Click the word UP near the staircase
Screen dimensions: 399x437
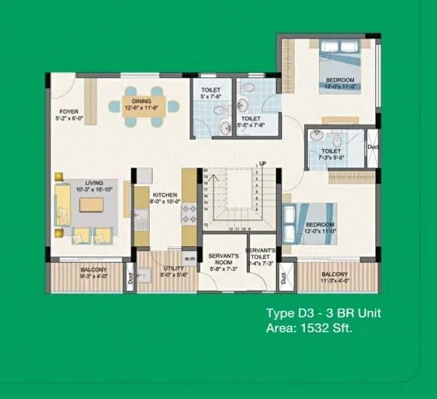pos(263,163)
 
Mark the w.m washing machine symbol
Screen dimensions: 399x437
pos(189,258)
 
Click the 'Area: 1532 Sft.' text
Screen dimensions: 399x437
pos(309,326)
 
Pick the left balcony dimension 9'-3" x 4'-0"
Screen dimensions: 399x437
pos(93,275)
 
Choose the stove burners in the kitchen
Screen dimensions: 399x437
pos(189,213)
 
